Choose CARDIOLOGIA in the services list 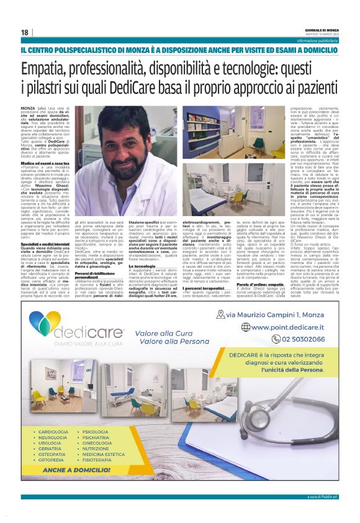[x=53, y=430]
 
